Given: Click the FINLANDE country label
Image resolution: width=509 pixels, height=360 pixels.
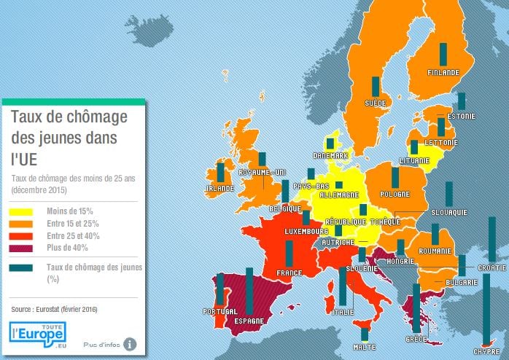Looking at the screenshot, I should (443, 73).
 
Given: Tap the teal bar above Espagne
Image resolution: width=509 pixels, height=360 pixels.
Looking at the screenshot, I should (249, 291).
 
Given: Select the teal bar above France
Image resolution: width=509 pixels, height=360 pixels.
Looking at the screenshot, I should (289, 254).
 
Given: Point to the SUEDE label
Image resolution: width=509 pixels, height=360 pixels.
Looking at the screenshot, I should (376, 103).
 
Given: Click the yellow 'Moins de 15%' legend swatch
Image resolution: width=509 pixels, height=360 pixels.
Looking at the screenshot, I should (20, 211).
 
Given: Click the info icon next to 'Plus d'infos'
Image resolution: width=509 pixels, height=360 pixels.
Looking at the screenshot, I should (130, 343).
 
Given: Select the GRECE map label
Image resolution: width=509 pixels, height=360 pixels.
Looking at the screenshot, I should (416, 339).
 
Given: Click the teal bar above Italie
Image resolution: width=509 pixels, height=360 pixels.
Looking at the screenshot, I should (343, 286).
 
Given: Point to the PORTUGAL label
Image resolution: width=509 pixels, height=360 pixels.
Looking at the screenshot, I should (221, 312).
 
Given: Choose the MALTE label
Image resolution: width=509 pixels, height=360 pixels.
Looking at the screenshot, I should (365, 348).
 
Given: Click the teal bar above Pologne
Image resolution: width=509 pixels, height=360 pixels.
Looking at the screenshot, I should (395, 178).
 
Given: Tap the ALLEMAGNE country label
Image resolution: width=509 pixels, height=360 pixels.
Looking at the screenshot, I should (336, 195).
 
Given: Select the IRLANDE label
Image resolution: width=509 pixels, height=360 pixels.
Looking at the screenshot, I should (219, 187).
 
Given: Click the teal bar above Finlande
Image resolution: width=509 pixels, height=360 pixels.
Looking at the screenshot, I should (442, 54).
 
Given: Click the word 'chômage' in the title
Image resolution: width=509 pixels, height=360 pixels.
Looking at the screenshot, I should (91, 117).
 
